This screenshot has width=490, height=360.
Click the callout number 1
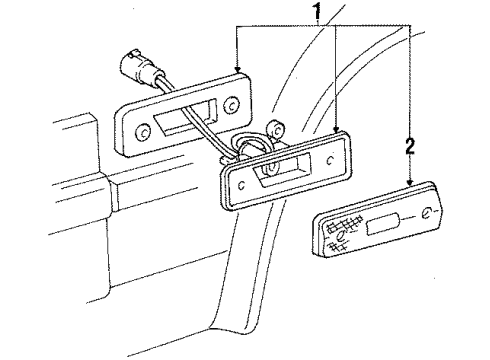[317, 14]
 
